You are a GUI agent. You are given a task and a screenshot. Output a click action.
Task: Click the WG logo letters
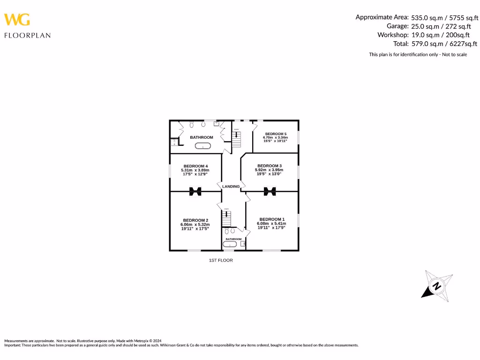click(x=17, y=20)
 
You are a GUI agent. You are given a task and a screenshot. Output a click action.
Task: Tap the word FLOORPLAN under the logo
click(x=27, y=35)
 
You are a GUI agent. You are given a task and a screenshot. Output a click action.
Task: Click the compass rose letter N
click(x=436, y=286)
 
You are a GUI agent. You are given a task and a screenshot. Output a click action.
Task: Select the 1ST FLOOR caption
click(x=221, y=260)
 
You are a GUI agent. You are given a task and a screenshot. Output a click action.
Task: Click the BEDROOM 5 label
click(x=276, y=134)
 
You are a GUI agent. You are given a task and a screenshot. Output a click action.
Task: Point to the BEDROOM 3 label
click(x=270, y=165)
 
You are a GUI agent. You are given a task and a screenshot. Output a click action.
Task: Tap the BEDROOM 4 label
click(x=196, y=166)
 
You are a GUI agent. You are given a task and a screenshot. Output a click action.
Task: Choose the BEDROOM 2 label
click(x=195, y=220)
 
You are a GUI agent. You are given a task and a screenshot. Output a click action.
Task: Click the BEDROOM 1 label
click(x=271, y=219)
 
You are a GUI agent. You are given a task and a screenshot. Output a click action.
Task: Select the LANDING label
click(x=231, y=187)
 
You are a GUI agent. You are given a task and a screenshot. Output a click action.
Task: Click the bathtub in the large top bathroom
click(x=203, y=147)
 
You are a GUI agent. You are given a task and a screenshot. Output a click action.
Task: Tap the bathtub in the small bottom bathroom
click(x=233, y=244)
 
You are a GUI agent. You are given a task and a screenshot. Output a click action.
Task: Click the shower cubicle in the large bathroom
click(x=173, y=142)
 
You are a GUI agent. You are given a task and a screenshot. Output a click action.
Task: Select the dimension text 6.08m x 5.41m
click(x=271, y=224)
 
